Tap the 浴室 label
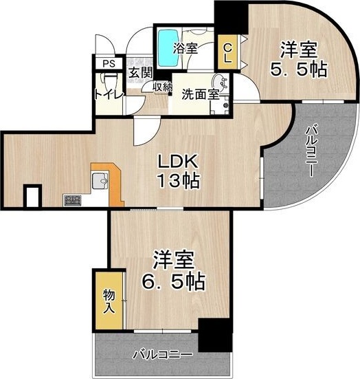coord(185,50)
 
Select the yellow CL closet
coord(226,53)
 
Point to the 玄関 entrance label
coord(140,73)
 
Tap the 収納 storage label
coord(163,87)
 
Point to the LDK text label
coord(179,162)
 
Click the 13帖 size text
coord(179,182)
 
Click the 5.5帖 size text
coord(297,68)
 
